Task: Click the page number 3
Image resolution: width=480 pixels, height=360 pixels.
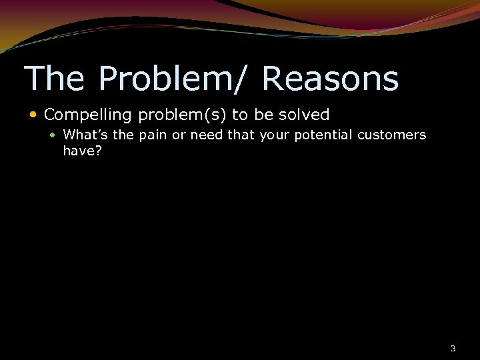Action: (453, 349)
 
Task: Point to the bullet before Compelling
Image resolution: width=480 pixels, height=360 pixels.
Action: (35, 115)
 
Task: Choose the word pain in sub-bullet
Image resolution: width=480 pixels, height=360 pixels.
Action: (152, 135)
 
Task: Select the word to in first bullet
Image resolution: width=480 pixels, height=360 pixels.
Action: (239, 115)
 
